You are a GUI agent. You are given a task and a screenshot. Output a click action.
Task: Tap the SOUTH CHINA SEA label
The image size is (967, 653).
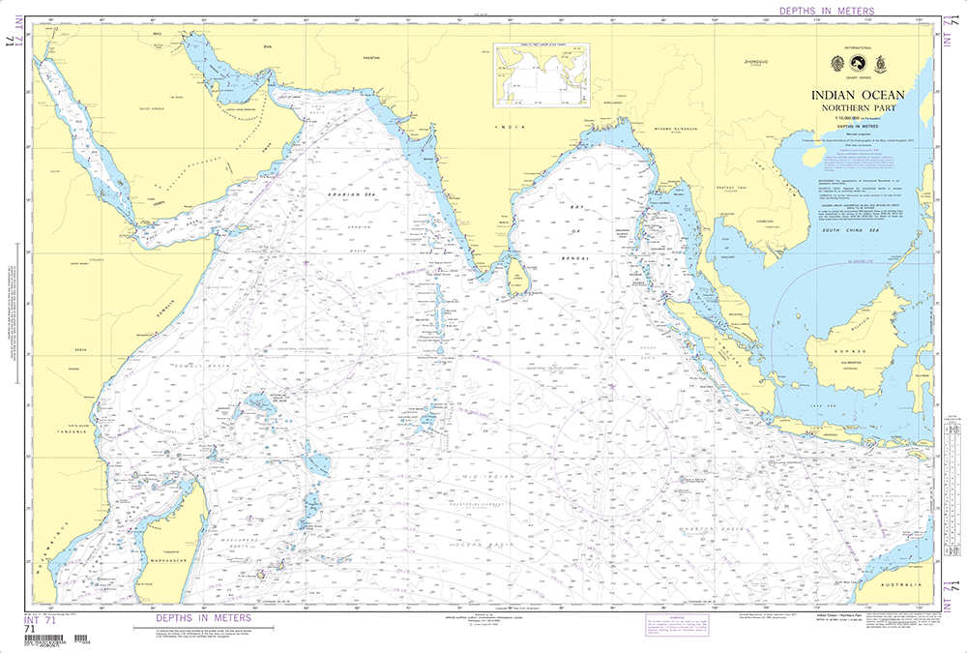[x=839, y=231]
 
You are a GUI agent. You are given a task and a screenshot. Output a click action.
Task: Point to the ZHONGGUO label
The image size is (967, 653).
[x=753, y=61]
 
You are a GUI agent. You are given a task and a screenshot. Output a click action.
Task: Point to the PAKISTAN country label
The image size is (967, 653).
[x=368, y=58]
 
